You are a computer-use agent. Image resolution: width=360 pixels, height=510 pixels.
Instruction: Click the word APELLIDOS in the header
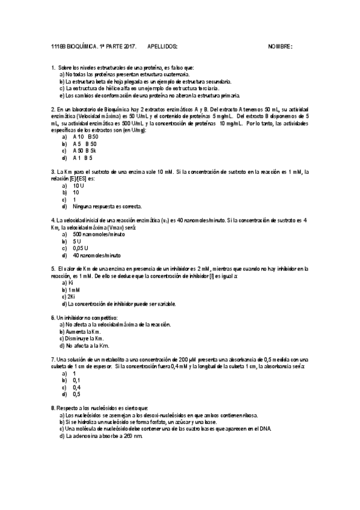click(x=165, y=46)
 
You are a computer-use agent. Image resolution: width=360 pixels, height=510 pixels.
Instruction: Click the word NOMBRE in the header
click(x=279, y=46)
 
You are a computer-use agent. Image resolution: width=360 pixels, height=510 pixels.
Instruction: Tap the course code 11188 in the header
click(x=58, y=46)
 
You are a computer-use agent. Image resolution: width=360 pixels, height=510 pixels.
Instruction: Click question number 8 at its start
click(x=53, y=408)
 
